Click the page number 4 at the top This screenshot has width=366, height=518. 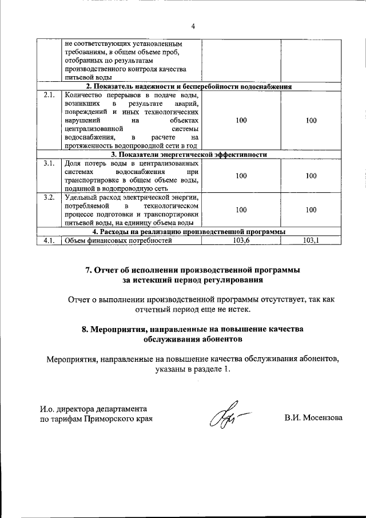pos(193,26)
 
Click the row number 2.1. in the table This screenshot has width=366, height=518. pos(49,95)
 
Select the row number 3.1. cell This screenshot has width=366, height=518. pos(49,164)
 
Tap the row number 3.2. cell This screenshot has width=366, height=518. pos(49,198)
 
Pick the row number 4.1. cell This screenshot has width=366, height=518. pos(49,240)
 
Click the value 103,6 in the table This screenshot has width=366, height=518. pos(241,240)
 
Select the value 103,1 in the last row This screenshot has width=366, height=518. pos(311,240)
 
